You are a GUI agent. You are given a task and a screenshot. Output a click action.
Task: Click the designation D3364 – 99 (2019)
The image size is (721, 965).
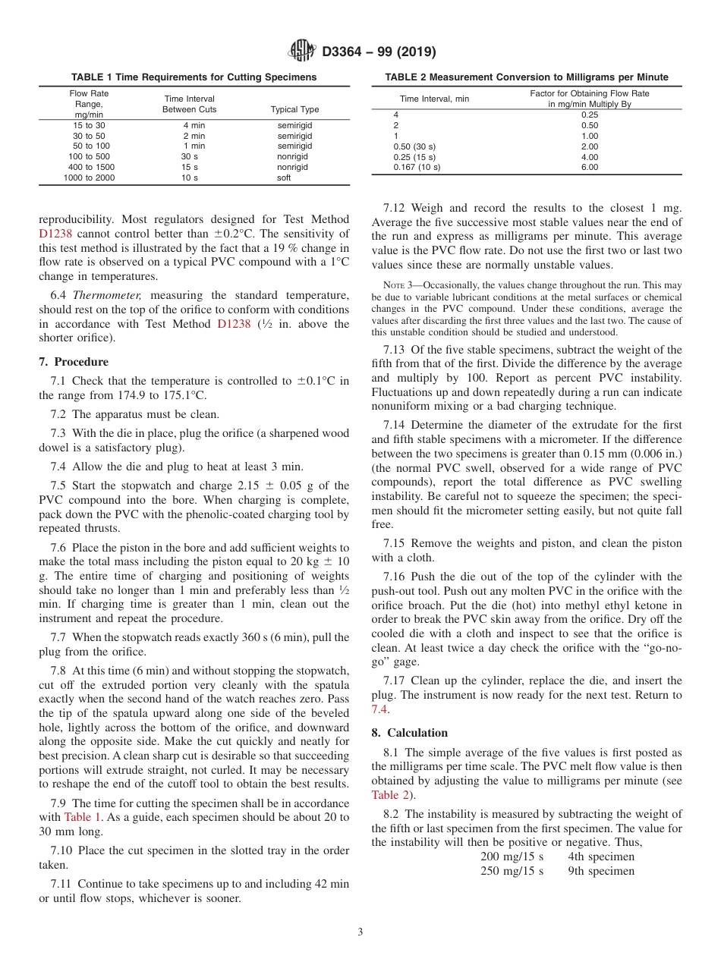click(379, 52)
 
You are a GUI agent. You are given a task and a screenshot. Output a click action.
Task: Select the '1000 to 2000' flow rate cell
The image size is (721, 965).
click(89, 178)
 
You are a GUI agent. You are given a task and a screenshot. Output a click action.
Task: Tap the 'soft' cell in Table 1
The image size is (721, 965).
click(284, 178)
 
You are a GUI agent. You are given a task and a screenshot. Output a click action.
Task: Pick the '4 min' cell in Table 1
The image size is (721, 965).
click(194, 125)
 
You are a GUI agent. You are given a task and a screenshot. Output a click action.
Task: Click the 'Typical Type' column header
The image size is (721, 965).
click(294, 109)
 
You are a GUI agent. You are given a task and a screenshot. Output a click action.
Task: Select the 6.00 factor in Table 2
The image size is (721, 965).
click(589, 167)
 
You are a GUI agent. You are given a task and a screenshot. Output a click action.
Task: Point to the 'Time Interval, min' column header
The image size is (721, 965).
click(434, 99)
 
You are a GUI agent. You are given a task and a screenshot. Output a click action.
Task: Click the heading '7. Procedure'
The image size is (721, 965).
click(74, 362)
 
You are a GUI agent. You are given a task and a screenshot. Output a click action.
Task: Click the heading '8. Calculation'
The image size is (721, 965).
click(410, 733)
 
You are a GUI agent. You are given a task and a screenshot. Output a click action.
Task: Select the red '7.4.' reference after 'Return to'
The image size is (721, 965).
click(380, 709)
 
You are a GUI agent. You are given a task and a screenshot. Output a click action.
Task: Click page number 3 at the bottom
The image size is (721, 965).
click(360, 932)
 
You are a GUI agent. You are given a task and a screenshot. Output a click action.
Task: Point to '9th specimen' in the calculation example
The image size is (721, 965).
click(601, 871)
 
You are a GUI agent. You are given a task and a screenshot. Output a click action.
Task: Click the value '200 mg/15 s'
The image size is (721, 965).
click(512, 857)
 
